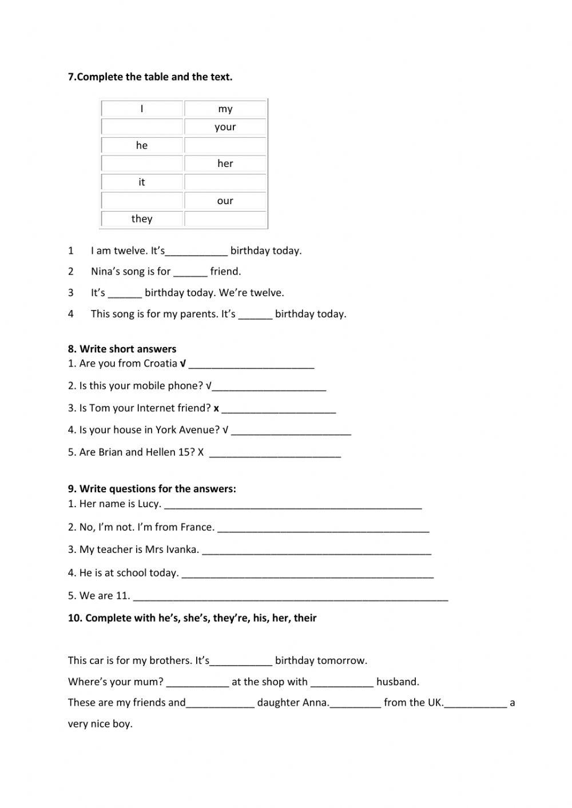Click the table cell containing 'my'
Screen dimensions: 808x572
pos(225,109)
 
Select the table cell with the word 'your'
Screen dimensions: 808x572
pos(225,127)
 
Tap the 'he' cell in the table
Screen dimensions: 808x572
pos(142,145)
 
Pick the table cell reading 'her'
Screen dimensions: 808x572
pos(225,164)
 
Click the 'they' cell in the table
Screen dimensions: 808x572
pos(142,218)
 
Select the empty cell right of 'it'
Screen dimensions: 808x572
pos(225,182)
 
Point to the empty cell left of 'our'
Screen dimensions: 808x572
pos(142,200)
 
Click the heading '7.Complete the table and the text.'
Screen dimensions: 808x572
pos(150,77)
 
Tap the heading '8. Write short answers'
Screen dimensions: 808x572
pos(122,349)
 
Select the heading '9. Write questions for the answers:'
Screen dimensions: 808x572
pos(152,488)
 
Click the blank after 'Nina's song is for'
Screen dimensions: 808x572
pos(190,272)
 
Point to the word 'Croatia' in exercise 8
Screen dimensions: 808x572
pos(160,364)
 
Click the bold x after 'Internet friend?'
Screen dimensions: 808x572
pos(216,408)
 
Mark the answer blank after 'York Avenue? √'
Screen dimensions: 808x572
pos(291,431)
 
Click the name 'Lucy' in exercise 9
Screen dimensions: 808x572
pos(148,504)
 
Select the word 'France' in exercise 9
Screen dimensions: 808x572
pos(196,527)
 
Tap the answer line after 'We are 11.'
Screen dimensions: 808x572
pos(290,597)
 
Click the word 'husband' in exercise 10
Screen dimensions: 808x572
pos(397,682)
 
